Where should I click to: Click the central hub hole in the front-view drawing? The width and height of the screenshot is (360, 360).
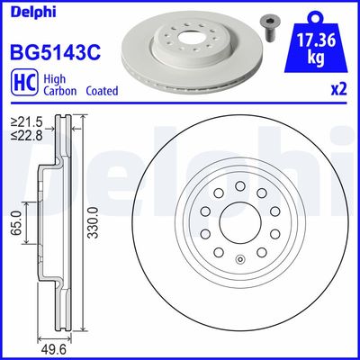click(x=235, y=227)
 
